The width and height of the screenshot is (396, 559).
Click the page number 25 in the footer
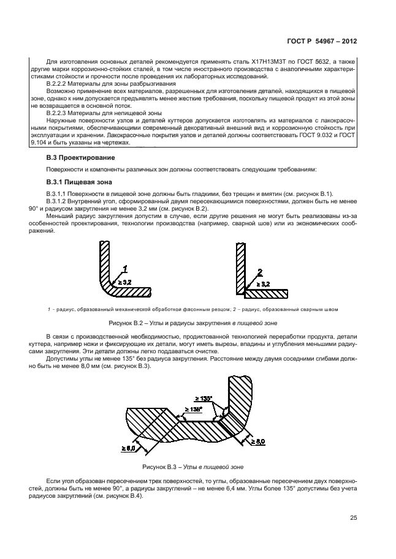pos(353,518)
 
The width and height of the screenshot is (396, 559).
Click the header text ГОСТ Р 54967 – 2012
pos(322,42)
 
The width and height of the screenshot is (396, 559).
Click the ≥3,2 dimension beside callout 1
pos(124,282)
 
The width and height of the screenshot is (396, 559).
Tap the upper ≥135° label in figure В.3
pos(204,399)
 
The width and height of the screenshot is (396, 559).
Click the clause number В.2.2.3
pos(59,113)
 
